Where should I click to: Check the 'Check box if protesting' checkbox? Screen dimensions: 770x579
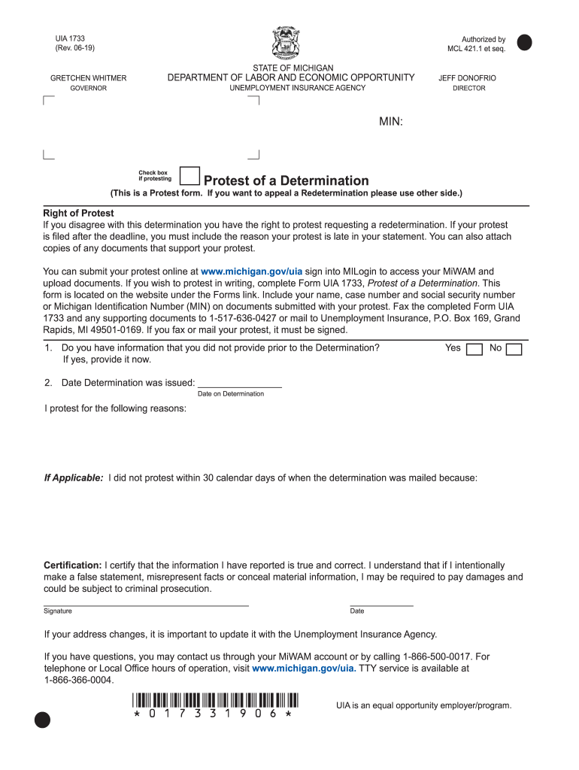(190, 176)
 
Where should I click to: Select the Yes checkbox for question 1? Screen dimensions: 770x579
(474, 349)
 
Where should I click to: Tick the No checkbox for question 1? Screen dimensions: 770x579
(514, 349)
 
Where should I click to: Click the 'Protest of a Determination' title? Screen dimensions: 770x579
(286, 180)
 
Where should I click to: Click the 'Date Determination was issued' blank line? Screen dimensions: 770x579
(239, 383)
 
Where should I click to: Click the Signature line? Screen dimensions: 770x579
(146, 602)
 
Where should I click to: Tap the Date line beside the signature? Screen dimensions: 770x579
(381, 602)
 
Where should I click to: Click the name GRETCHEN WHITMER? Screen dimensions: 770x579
(88, 78)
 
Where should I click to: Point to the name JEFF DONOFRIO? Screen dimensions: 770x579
(467, 78)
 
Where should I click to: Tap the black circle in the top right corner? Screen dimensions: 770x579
(524, 42)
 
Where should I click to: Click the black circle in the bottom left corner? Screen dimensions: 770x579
(43, 720)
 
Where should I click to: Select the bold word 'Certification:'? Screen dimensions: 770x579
(72, 565)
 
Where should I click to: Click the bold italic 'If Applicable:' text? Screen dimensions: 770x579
(73, 477)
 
